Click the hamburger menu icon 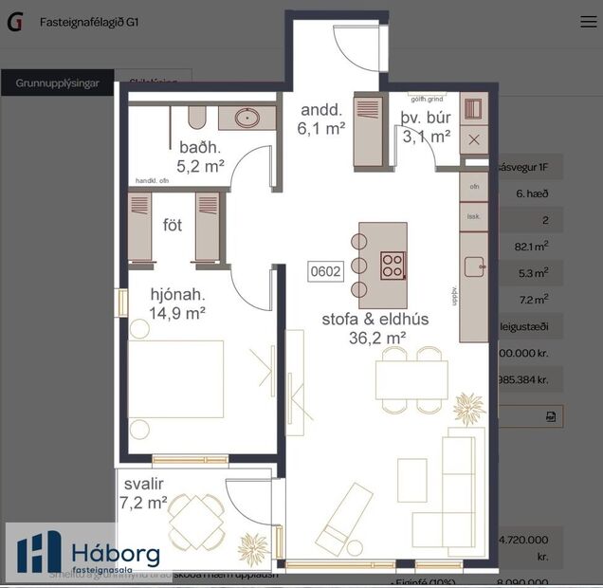(x=588, y=22)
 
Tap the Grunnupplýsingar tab (x=57, y=83)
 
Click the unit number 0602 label (x=325, y=271)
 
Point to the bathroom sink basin (x=248, y=119)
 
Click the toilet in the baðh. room (x=197, y=117)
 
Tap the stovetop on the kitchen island (x=393, y=266)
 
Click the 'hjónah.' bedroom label (x=177, y=302)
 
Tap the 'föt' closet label (x=173, y=226)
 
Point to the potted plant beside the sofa (x=468, y=408)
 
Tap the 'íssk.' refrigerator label (x=473, y=216)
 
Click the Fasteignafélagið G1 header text (x=89, y=22)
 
